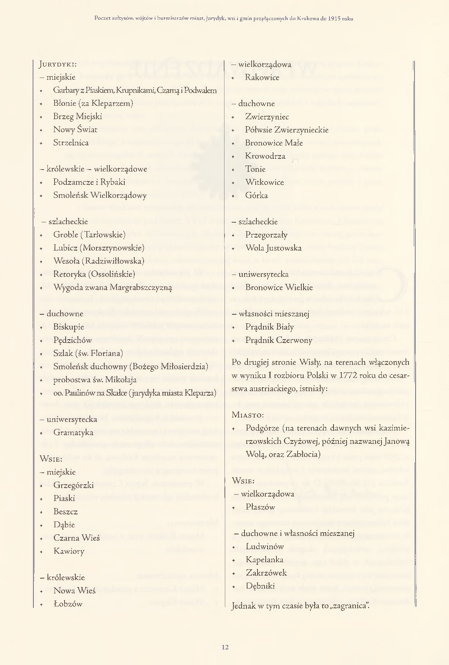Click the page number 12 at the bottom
coord(225,647)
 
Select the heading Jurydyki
coord(58,64)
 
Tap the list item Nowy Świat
coord(75,130)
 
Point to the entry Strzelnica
coord(71,142)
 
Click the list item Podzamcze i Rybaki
coord(89,182)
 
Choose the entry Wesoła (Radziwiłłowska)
coord(99,261)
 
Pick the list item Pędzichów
coord(72,340)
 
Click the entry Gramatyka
coord(73,432)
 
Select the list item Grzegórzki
coord(73,485)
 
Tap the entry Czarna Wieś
coord(76,538)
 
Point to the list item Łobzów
coord(68,604)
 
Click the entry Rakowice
coord(262,77)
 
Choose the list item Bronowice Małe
coord(274,143)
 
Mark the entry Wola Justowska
coord(273,248)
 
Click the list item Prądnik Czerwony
coord(279,340)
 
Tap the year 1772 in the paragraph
coord(348,375)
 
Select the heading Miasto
coord(248,415)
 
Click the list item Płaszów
coord(260,507)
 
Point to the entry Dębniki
coord(260,586)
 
